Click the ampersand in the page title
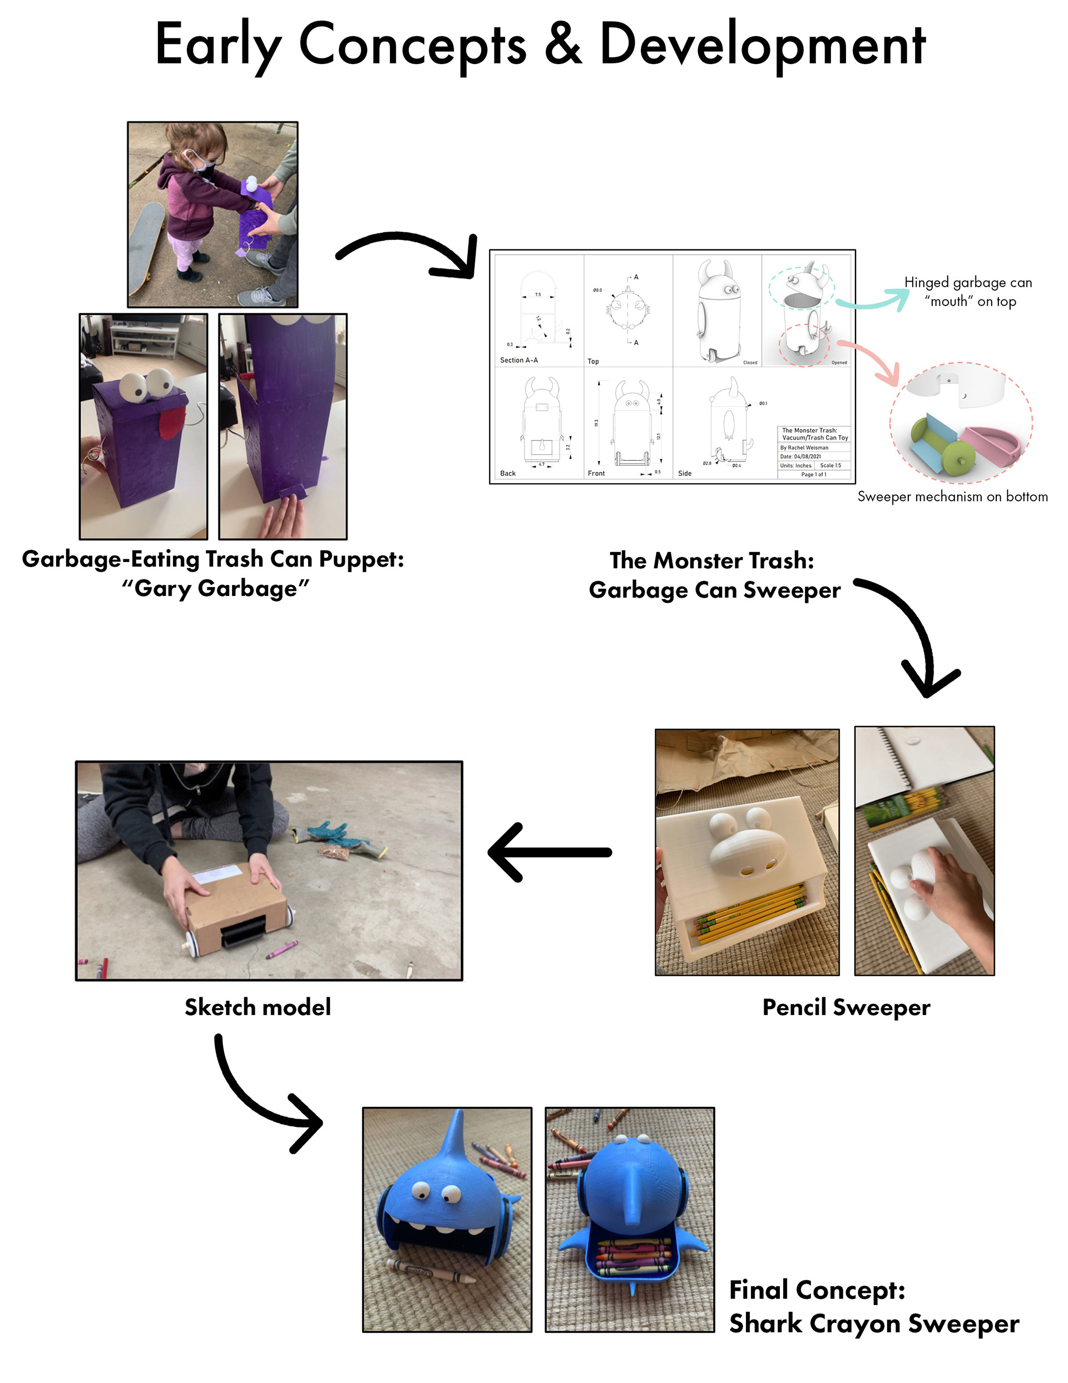(x=562, y=45)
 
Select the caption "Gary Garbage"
(x=215, y=588)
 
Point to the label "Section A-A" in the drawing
(x=518, y=360)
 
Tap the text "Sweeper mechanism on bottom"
(x=952, y=496)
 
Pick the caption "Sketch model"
(x=257, y=1007)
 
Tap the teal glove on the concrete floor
(x=335, y=835)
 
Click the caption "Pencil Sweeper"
(x=846, y=1007)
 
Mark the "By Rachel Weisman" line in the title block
(x=804, y=447)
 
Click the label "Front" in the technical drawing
(x=596, y=473)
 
